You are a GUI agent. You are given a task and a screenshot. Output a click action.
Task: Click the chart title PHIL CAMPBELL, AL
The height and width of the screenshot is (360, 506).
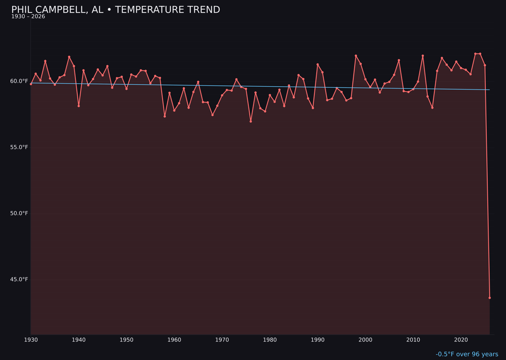click(115, 10)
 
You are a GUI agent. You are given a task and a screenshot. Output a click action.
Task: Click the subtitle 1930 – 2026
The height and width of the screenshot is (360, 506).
click(28, 16)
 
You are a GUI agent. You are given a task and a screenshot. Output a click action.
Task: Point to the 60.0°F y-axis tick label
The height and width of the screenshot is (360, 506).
click(20, 81)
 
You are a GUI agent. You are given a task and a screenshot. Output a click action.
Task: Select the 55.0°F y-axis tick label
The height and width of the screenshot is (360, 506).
click(20, 147)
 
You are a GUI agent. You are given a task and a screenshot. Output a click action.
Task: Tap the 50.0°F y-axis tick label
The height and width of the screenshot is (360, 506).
click(20, 213)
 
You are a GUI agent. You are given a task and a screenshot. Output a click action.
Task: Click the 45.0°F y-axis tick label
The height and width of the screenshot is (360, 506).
click(20, 279)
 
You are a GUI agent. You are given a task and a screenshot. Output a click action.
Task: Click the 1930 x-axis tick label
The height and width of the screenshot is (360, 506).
click(31, 340)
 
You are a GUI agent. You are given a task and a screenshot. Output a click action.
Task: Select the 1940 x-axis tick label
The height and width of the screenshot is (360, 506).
click(79, 340)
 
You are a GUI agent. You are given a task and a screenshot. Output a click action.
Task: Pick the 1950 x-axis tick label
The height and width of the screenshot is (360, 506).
click(126, 340)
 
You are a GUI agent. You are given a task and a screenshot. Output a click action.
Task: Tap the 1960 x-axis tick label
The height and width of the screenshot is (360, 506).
click(174, 340)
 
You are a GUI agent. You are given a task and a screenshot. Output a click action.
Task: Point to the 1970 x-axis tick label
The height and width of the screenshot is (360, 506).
click(222, 340)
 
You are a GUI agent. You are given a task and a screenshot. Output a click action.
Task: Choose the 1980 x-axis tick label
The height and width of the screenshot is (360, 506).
click(270, 340)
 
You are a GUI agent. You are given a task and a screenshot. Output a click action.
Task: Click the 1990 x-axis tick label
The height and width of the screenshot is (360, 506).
click(318, 340)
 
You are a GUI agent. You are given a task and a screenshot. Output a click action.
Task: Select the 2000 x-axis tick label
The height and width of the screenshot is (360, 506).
click(365, 340)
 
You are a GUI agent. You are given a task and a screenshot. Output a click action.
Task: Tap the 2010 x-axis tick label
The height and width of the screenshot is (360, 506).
click(413, 340)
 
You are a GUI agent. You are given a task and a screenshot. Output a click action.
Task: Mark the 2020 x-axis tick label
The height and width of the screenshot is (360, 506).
click(461, 340)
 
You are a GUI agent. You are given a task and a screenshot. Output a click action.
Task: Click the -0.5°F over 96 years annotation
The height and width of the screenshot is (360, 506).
click(467, 354)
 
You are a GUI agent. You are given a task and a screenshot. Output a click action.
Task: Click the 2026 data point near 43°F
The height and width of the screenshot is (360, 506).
click(490, 298)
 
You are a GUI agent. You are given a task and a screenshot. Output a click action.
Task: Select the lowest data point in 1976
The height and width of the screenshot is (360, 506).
click(251, 121)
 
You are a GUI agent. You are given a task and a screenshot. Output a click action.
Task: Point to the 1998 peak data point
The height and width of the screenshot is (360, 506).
click(356, 56)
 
